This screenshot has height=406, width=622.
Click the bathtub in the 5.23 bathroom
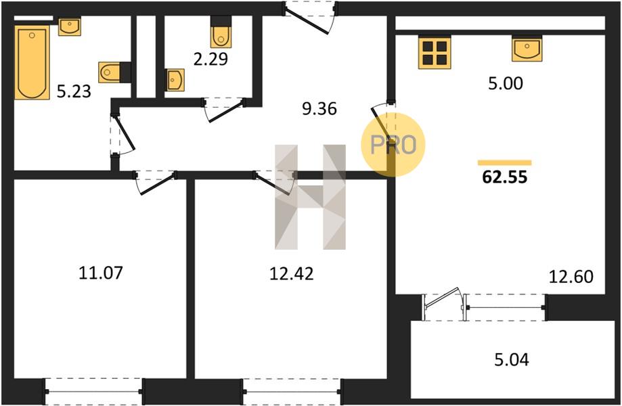(32, 62)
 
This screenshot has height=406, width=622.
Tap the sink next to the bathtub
(70, 26)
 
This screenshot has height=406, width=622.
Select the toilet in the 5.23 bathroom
(109, 72)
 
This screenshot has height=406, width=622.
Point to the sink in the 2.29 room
(175, 80)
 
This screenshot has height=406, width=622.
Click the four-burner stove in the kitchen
(435, 52)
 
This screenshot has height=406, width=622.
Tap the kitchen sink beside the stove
(527, 49)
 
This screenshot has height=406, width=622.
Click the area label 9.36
(319, 109)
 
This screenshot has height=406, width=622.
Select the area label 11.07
(101, 273)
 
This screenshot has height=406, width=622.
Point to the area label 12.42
(292, 273)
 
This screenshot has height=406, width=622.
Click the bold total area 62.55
(505, 177)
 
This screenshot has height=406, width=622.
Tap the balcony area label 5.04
(512, 359)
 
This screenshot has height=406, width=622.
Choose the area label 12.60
(571, 276)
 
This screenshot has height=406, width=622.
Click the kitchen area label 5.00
(506, 84)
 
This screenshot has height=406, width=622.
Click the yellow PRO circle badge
(393, 144)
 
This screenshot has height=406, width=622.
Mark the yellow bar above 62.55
(505, 162)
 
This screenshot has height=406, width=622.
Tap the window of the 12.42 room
(292, 391)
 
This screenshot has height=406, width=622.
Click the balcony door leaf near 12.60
(442, 299)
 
